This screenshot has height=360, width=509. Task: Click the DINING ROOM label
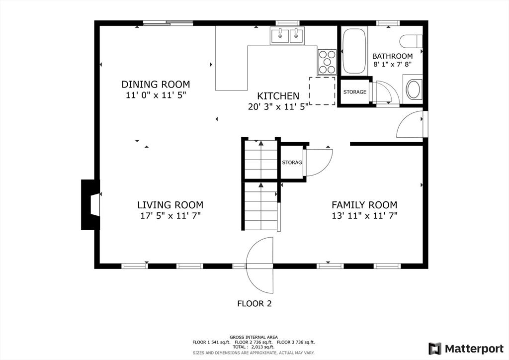click(x=156, y=85)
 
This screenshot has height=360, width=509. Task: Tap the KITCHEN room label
click(x=278, y=96)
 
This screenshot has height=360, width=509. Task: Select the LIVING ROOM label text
click(x=170, y=205)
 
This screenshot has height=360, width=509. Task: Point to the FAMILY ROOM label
click(x=364, y=205)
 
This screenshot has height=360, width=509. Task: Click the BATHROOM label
click(x=393, y=56)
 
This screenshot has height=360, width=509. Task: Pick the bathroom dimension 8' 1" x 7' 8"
click(x=393, y=64)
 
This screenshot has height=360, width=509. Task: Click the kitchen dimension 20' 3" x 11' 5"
click(x=278, y=106)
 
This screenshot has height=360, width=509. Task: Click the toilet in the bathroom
click(x=411, y=42)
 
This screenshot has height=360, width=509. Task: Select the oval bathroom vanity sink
click(x=413, y=90)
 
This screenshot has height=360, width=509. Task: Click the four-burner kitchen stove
click(x=327, y=62)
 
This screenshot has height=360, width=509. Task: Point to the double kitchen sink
click(x=287, y=35)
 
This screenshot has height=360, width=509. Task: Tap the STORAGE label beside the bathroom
click(x=355, y=92)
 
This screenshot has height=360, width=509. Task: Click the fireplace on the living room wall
click(x=90, y=204)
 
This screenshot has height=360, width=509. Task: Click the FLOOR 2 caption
click(x=254, y=303)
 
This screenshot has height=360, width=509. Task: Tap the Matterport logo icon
click(x=435, y=349)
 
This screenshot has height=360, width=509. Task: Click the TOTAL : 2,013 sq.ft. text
click(x=254, y=347)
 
